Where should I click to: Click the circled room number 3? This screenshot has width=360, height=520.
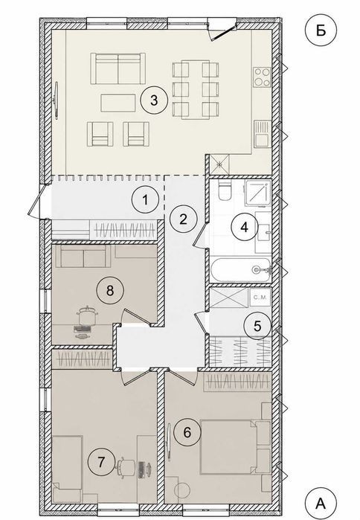point(154,100)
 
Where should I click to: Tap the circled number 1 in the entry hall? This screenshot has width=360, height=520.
point(145,200)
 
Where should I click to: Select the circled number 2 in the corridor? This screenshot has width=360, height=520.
point(183,219)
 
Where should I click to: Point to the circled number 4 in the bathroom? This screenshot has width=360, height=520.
point(245,228)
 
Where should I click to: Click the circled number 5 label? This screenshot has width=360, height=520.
point(257,326)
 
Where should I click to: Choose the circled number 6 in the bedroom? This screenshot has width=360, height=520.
point(187,432)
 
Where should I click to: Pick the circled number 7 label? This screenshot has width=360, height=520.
point(101,462)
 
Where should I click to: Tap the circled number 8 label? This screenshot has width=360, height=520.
point(110,291)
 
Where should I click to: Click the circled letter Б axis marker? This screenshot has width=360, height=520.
point(321,31)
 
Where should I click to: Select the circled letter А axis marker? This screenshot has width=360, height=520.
point(321,504)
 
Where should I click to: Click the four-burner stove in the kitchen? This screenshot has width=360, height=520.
point(262,77)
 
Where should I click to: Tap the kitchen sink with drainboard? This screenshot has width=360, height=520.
point(263,134)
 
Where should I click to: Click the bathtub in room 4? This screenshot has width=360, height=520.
point(241,270)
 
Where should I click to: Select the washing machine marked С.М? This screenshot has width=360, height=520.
point(260,298)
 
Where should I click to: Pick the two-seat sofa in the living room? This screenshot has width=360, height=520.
point(118,68)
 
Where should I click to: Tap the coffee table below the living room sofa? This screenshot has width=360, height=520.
point(118,103)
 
